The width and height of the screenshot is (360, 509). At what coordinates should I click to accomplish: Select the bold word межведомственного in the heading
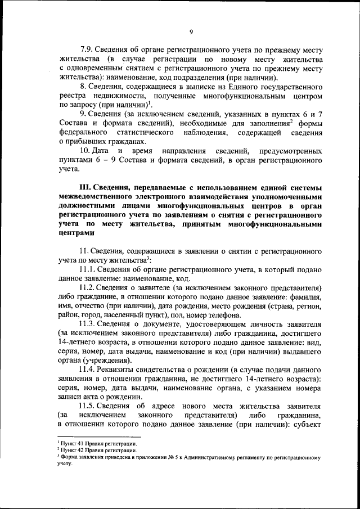pos(100,196)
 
